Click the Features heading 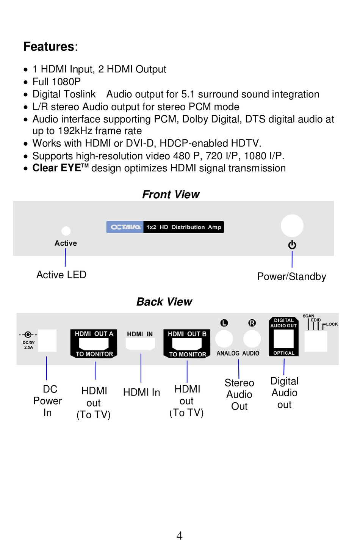[50, 46]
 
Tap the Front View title [171, 194]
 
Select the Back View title [164, 301]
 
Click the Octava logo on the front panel [125, 227]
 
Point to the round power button [292, 226]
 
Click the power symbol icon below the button [292, 245]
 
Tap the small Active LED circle [66, 231]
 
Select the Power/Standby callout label [291, 276]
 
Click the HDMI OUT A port [94, 344]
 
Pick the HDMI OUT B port [187, 344]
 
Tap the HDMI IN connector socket [140, 344]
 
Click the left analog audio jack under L [224, 339]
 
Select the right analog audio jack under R [252, 339]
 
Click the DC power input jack [47, 341]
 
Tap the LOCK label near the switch [332, 324]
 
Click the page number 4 [180, 535]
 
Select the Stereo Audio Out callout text [239, 394]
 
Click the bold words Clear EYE [56, 168]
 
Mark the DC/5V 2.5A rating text [28, 345]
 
